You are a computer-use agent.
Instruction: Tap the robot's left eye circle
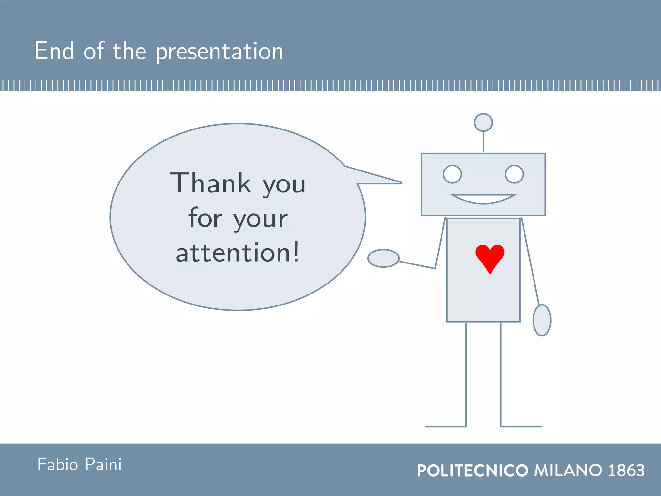coord(452,174)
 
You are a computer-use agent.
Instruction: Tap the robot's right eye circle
coord(514,174)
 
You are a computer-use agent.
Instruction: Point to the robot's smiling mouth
coord(483,199)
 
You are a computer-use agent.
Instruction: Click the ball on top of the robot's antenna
coord(483,122)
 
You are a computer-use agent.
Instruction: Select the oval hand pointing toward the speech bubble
coord(383,258)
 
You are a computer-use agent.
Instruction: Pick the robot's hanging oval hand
coord(542,320)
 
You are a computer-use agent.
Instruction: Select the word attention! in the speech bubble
coord(238,253)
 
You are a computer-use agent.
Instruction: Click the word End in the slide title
coord(54,51)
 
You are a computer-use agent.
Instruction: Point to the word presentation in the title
coord(219,52)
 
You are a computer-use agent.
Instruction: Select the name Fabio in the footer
coord(58,464)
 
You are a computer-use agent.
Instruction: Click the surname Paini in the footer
coord(103,464)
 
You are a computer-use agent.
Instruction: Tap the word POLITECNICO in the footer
coord(473,470)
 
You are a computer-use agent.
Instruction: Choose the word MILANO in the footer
coord(568,470)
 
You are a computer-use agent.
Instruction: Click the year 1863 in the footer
coord(626,470)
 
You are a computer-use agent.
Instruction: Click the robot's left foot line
coord(445,427)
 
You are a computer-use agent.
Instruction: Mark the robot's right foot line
coord(521,427)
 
